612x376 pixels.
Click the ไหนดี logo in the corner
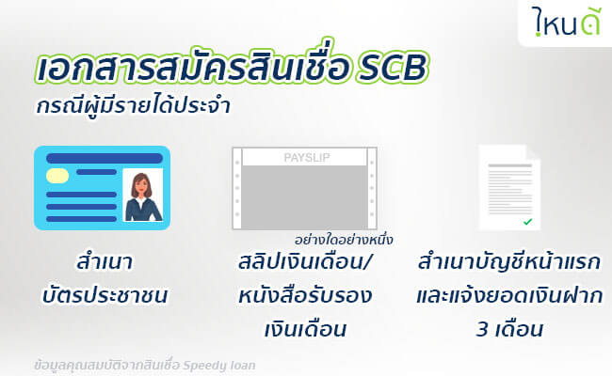point(566,22)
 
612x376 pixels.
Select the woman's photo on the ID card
point(143,195)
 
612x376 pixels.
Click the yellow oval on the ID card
point(57,176)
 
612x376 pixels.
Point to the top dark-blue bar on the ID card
point(105,158)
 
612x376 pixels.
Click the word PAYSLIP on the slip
point(307,158)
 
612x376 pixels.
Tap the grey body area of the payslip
point(304,196)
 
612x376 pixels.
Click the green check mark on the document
point(527,222)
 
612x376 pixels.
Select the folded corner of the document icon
point(534,152)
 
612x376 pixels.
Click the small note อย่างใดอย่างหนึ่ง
point(344,240)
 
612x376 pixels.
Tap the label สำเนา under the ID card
point(105,261)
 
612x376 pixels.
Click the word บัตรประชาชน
point(105,295)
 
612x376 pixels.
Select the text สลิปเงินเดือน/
point(304,261)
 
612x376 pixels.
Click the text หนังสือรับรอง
point(305,295)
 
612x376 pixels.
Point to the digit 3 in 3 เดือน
point(483,329)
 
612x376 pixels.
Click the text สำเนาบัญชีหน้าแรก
point(509,261)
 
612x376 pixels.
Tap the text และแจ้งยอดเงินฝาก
point(509,295)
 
